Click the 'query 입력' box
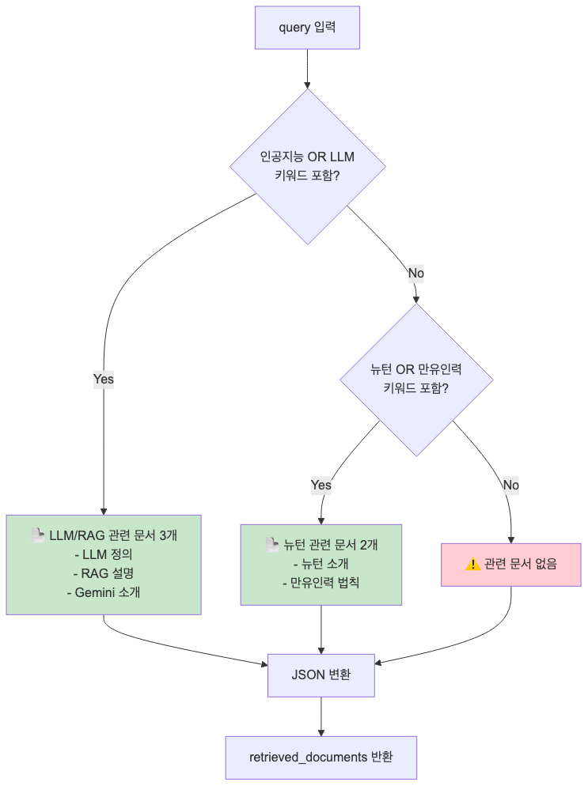[x=307, y=28]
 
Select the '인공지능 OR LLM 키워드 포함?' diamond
[x=307, y=167]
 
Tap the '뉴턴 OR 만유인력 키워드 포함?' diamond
[x=416, y=380]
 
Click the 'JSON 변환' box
[x=321, y=675]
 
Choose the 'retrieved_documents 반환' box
[x=321, y=758]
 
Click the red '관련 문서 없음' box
[x=510, y=564]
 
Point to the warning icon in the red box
[x=473, y=564]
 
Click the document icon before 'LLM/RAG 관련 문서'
[x=37, y=535]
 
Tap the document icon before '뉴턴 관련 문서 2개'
[x=271, y=544]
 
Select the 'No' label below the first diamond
[x=415, y=273]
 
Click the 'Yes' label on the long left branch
[x=104, y=379]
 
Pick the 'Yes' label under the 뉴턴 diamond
[x=321, y=485]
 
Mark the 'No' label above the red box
[x=510, y=485]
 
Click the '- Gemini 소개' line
[x=104, y=592]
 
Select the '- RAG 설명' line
[x=104, y=573]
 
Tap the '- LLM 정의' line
[x=104, y=554]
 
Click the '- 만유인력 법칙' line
[x=321, y=583]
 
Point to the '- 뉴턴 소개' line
[x=321, y=564]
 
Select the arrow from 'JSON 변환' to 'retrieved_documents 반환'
[x=321, y=716]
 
